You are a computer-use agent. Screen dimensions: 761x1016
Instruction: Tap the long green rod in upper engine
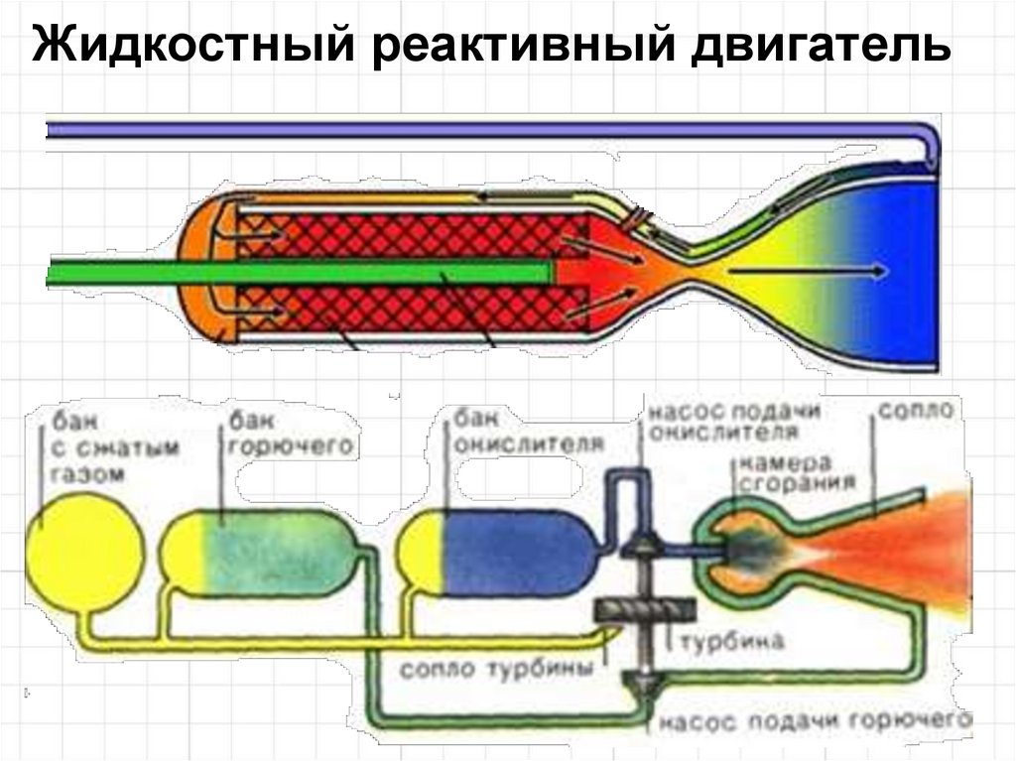tap(298, 272)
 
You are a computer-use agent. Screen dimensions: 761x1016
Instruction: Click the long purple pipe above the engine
tap(476, 129)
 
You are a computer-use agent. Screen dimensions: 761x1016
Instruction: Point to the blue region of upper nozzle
tap(893, 268)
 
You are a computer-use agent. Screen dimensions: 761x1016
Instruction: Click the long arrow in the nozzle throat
tap(804, 270)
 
